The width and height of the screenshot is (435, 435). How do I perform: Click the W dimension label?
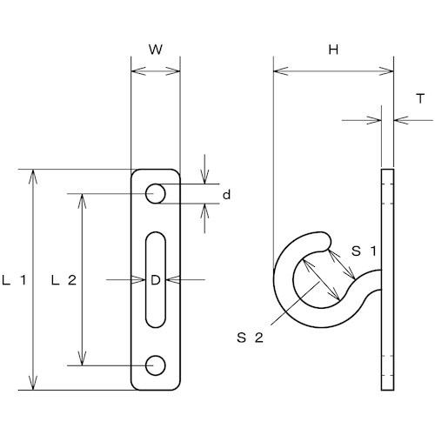click(x=156, y=50)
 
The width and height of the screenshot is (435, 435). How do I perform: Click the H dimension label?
click(x=333, y=50)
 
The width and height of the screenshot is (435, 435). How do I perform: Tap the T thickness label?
click(x=420, y=98)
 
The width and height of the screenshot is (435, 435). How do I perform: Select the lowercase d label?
click(x=226, y=195)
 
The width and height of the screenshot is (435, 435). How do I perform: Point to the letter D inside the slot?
click(x=156, y=280)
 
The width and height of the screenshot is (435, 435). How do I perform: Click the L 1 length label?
click(x=14, y=280)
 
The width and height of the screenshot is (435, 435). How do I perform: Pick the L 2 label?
click(x=64, y=280)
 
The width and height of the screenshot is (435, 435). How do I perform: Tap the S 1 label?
click(x=365, y=251)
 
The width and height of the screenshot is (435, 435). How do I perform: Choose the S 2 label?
click(x=250, y=338)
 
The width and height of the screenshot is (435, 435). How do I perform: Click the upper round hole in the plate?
click(x=156, y=193)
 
